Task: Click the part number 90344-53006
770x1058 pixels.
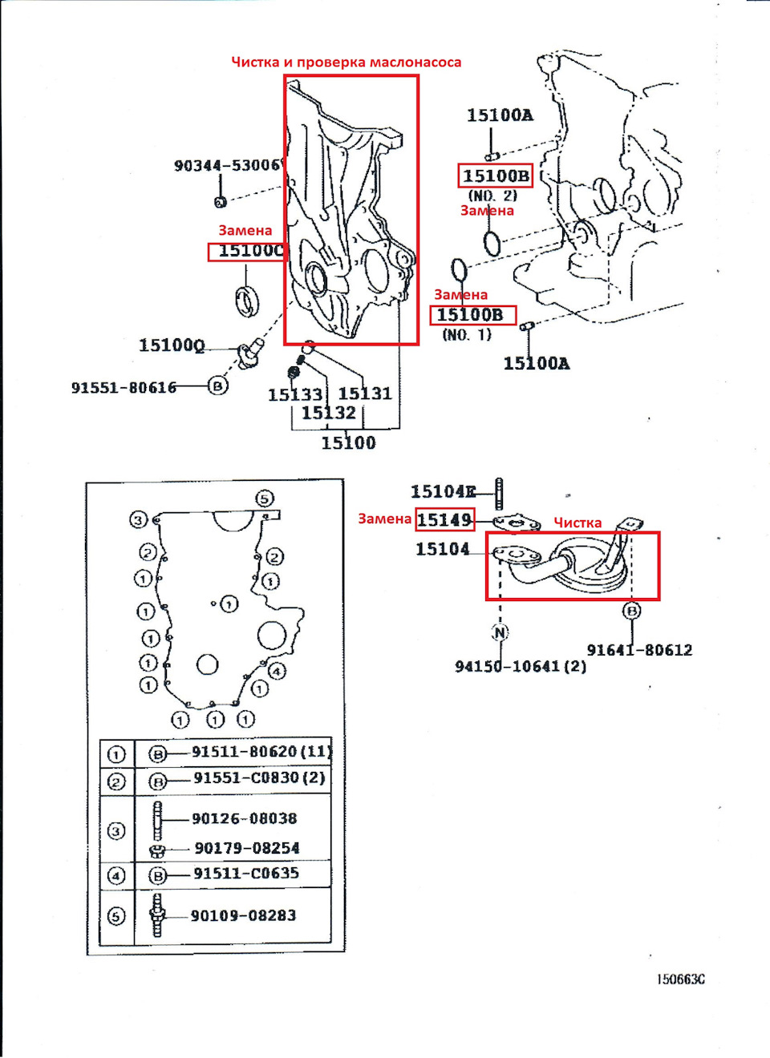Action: (x=227, y=165)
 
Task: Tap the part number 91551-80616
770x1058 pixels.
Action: (x=124, y=387)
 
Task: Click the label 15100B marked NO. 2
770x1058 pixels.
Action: (x=495, y=176)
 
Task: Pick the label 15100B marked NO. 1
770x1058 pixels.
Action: (x=472, y=315)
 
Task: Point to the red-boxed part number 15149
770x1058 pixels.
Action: (x=444, y=519)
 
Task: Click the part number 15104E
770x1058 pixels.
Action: (x=443, y=491)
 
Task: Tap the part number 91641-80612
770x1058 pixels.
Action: (x=639, y=650)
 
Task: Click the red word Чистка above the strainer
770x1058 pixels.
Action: (x=577, y=523)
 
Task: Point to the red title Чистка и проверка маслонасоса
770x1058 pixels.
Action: (x=346, y=62)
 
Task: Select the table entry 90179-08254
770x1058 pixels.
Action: (x=247, y=848)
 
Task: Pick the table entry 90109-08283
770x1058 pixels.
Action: (x=243, y=915)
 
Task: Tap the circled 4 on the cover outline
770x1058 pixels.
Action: (x=277, y=671)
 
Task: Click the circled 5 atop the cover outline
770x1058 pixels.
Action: (x=265, y=499)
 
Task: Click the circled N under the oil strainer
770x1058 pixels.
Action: (x=500, y=632)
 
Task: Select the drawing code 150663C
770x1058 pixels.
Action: (x=681, y=979)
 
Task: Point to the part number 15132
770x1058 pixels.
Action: (x=328, y=413)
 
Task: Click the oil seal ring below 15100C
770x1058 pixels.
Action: (x=247, y=301)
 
